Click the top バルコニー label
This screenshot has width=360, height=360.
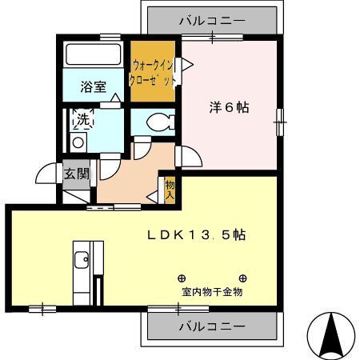[212, 21]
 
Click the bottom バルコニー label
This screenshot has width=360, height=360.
[212, 326]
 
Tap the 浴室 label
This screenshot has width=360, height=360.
[94, 86]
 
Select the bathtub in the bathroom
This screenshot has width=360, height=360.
[94, 54]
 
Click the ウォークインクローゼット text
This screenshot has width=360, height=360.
[152, 73]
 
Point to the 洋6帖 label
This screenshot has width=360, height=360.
[230, 107]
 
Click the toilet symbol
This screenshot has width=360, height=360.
[161, 122]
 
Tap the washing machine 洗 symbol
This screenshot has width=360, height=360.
[83, 119]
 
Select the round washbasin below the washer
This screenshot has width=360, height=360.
[78, 142]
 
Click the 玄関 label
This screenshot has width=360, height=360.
[76, 174]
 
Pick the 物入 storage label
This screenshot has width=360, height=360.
[170, 190]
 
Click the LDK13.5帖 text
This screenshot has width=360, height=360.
[197, 234]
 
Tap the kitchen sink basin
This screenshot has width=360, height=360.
[82, 260]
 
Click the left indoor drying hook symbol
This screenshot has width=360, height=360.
[182, 278]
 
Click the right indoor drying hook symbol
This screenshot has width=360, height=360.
[242, 278]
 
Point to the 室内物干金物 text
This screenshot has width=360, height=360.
[212, 292]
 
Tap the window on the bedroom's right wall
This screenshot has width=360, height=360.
[280, 122]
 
